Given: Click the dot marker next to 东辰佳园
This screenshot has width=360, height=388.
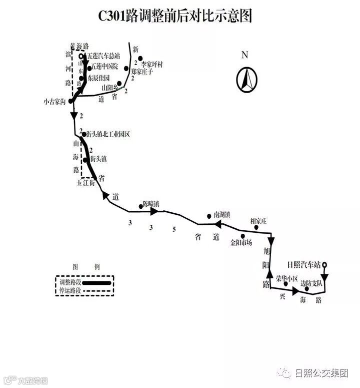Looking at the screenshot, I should click(x=81, y=78).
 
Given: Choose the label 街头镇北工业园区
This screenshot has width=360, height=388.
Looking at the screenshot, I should click(x=108, y=134).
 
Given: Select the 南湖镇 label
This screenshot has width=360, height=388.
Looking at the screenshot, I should click(x=221, y=214).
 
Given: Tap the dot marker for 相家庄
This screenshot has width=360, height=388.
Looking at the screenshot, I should click(x=256, y=227).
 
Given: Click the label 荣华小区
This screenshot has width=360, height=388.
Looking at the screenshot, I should click(x=286, y=277).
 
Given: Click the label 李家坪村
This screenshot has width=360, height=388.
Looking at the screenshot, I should click(x=152, y=65).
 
